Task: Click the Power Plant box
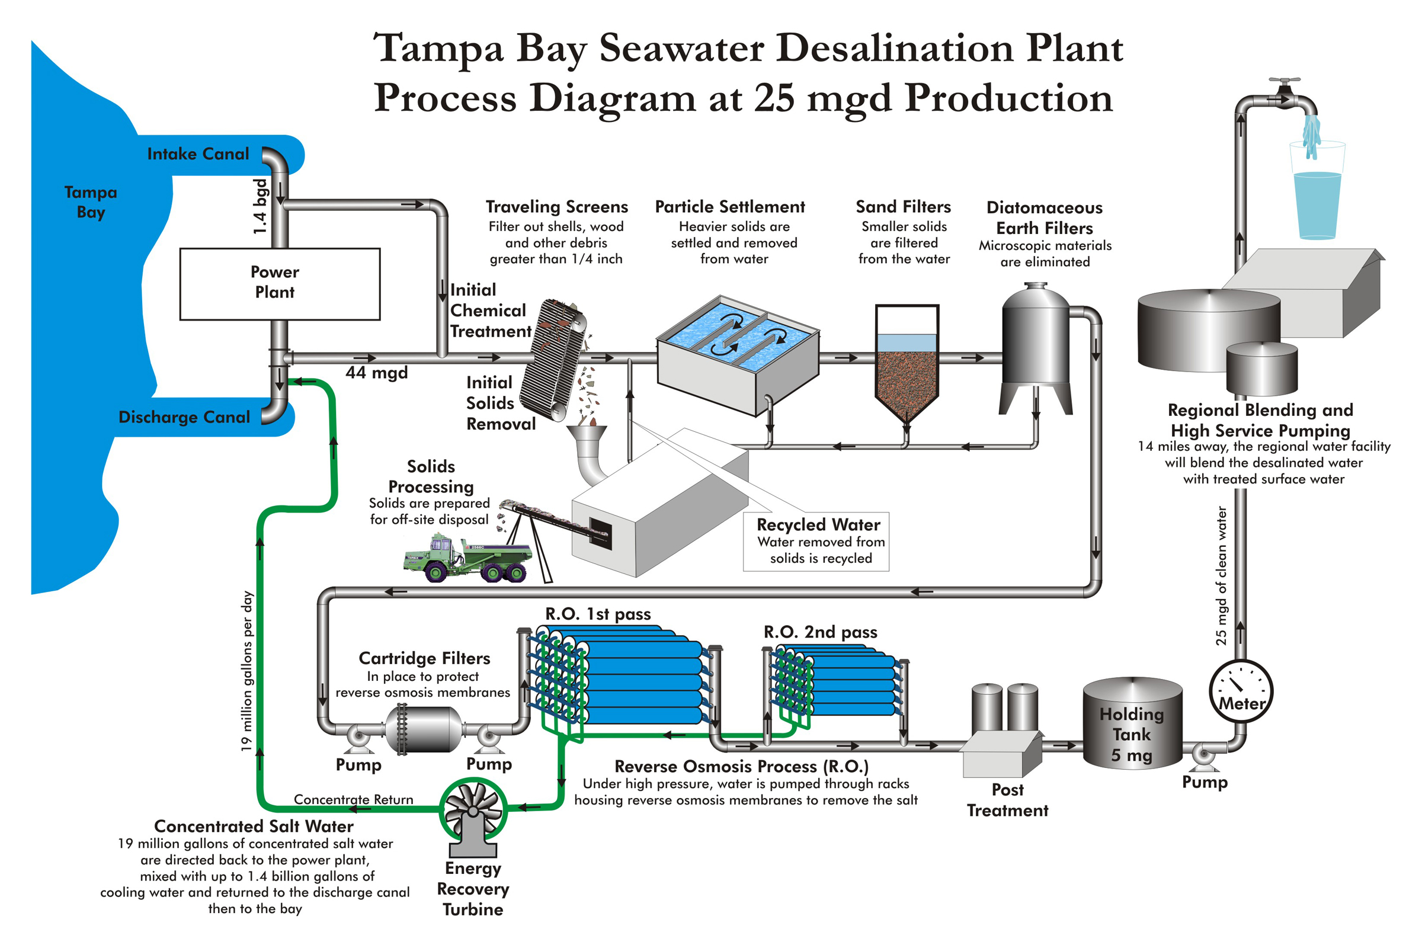pyautogui.click(x=279, y=284)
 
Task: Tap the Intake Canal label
pyautogui.click(x=198, y=154)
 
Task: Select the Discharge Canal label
pyautogui.click(x=184, y=417)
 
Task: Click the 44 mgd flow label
pyautogui.click(x=376, y=373)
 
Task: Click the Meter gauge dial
pyautogui.click(x=1241, y=691)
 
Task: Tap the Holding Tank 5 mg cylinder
pyautogui.click(x=1132, y=723)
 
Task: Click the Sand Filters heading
pyautogui.click(x=903, y=207)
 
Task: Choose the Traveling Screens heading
pyautogui.click(x=557, y=207)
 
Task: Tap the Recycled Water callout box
pyautogui.click(x=816, y=541)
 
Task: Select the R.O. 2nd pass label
pyautogui.click(x=820, y=632)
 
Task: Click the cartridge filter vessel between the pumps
pyautogui.click(x=423, y=730)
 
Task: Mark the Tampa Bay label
pyautogui.click(x=91, y=202)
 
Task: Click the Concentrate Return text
pyautogui.click(x=354, y=799)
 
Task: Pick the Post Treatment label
pyautogui.click(x=1007, y=800)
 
